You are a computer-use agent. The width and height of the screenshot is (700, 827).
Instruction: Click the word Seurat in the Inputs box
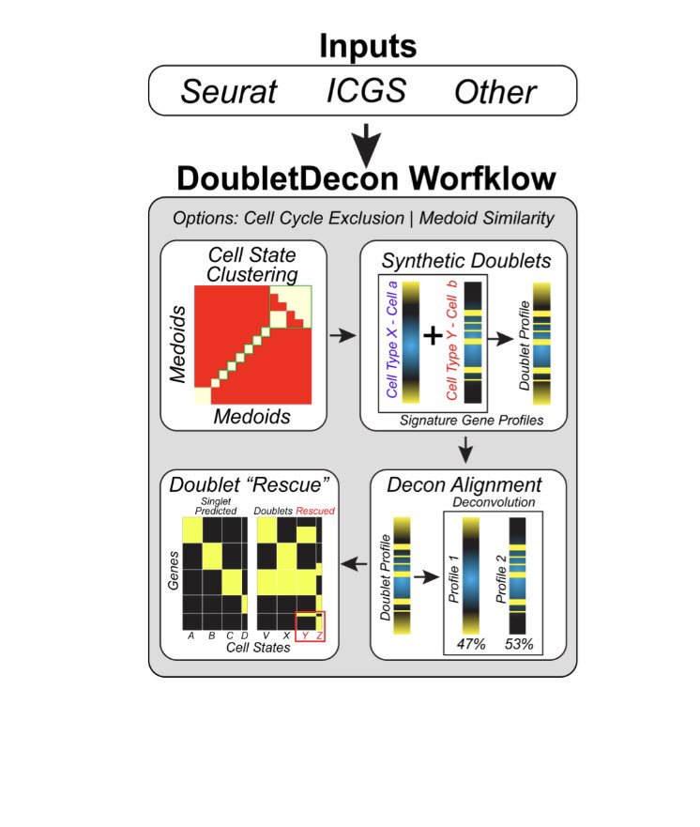229,92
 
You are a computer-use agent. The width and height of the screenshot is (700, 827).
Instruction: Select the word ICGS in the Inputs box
366,90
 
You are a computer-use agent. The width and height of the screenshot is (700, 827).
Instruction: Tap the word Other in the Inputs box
495,92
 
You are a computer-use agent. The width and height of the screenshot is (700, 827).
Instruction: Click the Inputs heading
367,45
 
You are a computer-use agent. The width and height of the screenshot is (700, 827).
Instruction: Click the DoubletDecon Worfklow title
367,178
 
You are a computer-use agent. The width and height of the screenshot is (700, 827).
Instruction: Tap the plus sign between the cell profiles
433,335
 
